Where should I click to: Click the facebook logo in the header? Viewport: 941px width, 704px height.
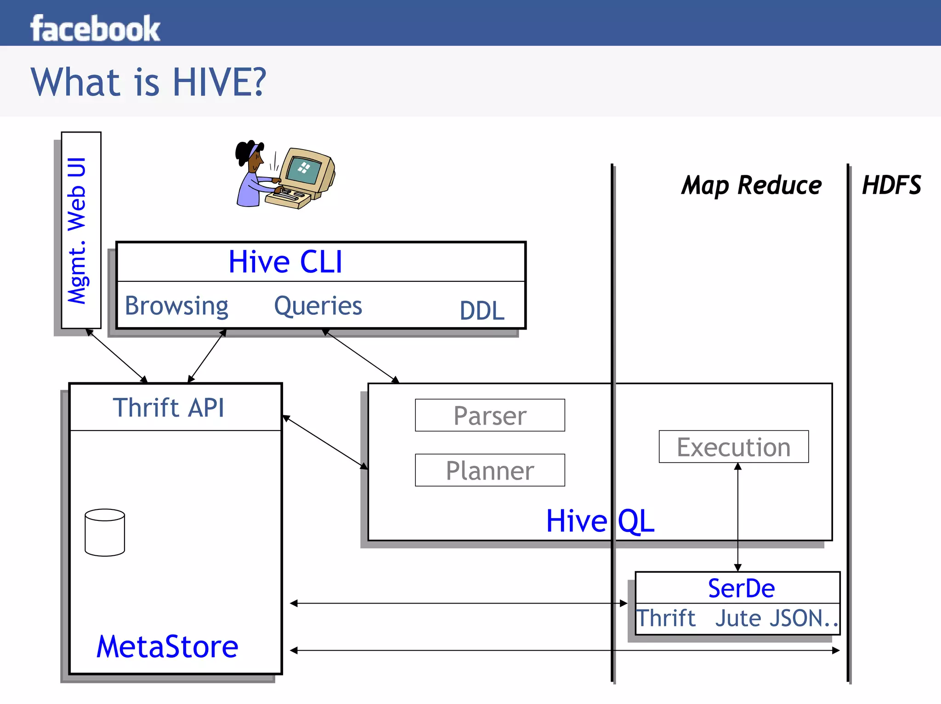point(95,28)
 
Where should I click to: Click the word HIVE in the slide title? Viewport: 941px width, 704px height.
point(219,82)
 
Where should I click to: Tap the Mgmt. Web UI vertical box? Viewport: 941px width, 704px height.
point(81,230)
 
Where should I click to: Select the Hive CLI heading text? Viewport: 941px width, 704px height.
point(285,262)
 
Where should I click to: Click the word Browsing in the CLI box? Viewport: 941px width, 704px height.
point(176,306)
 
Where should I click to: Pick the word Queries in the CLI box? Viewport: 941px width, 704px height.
point(318,306)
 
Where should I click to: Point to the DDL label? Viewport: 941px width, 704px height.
point(482,311)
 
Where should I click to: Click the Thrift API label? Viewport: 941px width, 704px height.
point(169,408)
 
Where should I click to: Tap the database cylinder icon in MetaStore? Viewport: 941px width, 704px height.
point(105,532)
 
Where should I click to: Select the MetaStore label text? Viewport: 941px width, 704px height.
point(167,647)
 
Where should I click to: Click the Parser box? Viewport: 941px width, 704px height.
point(490,415)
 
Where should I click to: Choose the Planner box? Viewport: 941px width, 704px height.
point(490,470)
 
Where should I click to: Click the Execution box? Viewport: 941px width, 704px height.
point(733,447)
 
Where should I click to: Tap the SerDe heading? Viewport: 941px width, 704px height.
point(741,588)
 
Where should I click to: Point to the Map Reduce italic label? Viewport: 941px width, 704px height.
point(751,185)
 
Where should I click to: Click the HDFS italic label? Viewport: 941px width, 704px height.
point(891,185)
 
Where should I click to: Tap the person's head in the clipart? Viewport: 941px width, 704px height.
point(250,154)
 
